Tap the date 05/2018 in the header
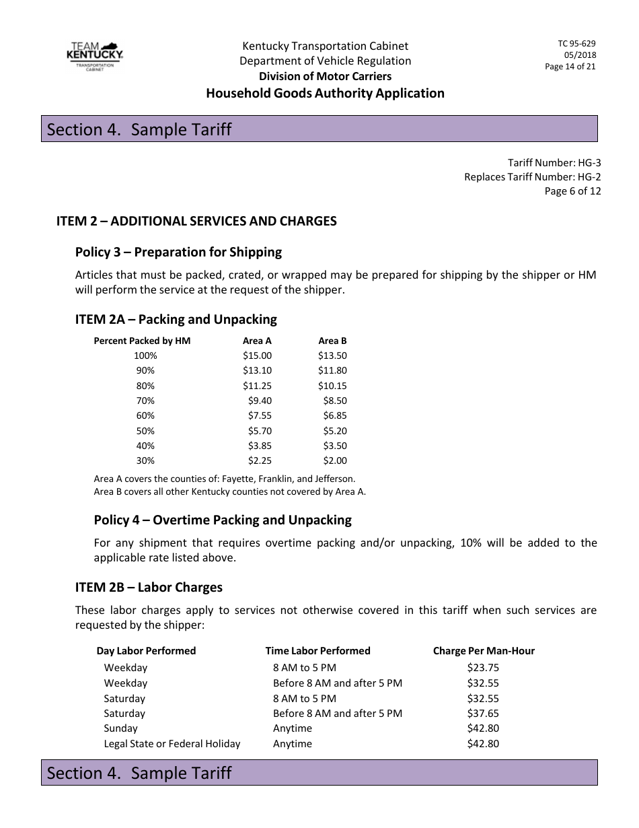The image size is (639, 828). coord(580,55)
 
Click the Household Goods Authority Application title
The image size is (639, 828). coord(325,93)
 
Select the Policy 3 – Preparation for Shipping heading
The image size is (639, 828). coord(178,252)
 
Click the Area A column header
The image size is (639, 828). coord(257,341)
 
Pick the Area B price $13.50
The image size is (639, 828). coord(332,355)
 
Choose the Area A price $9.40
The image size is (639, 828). coord(260,401)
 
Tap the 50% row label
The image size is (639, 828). coord(145,431)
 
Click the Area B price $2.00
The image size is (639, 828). coord(335,460)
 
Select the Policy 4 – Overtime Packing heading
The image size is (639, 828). coord(223,520)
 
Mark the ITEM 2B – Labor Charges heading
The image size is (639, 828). coord(149,587)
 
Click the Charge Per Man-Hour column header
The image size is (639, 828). coord(484,650)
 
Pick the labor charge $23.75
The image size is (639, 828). coord(483,668)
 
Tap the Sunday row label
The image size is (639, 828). coord(120,728)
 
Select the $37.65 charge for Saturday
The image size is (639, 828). coord(483,713)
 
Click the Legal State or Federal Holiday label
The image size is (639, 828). coord(172,744)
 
